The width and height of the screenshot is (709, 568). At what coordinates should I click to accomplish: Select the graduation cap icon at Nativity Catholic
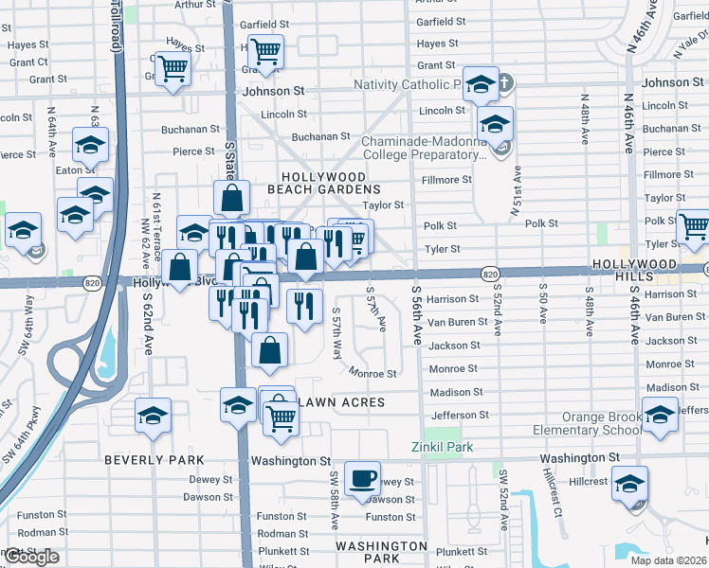(x=481, y=85)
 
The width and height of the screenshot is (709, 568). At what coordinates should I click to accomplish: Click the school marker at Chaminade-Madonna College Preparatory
(x=495, y=125)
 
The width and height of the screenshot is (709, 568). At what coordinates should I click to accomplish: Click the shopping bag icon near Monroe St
(x=271, y=351)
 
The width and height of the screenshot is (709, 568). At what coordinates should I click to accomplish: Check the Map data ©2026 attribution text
(x=667, y=560)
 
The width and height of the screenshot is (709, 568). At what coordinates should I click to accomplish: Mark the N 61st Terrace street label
(x=156, y=220)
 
